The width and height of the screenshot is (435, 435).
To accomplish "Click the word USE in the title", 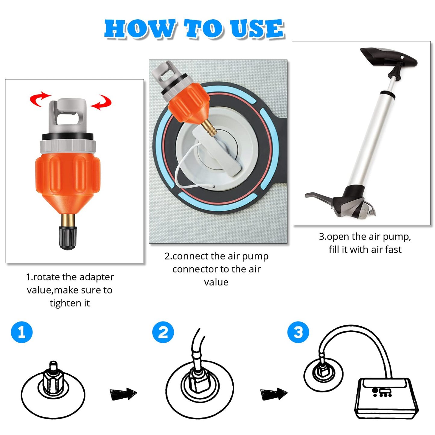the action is click(257, 29).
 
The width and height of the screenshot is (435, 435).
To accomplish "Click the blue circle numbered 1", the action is click(22, 332).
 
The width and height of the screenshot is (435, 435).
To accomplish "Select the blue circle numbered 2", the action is click(163, 332).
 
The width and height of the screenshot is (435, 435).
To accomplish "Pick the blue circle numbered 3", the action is click(298, 332).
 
